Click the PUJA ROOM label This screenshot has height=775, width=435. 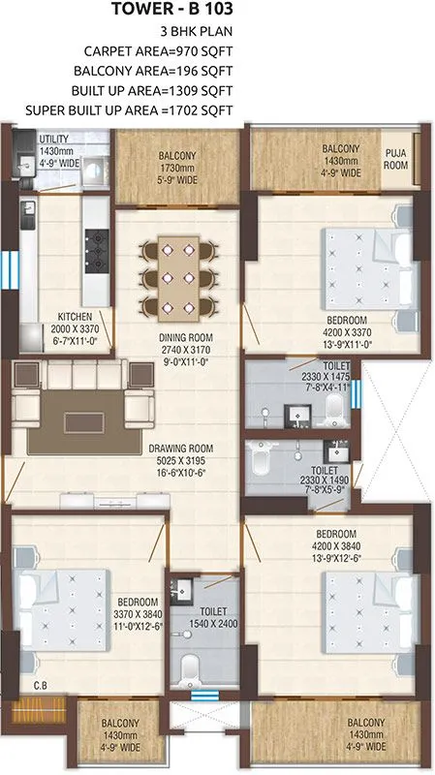click(396, 158)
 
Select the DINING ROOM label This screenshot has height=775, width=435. click(186, 337)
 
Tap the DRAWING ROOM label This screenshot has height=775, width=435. click(181, 449)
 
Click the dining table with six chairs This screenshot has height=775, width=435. click(176, 276)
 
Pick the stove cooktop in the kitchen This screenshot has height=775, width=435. click(98, 249)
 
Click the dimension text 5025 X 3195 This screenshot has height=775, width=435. click(181, 461)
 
